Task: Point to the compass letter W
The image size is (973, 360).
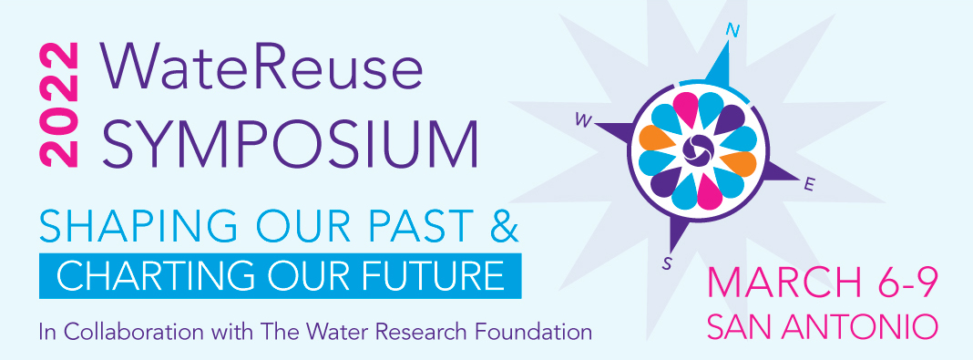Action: coord(579,118)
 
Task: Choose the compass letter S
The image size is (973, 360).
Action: coord(667,264)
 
